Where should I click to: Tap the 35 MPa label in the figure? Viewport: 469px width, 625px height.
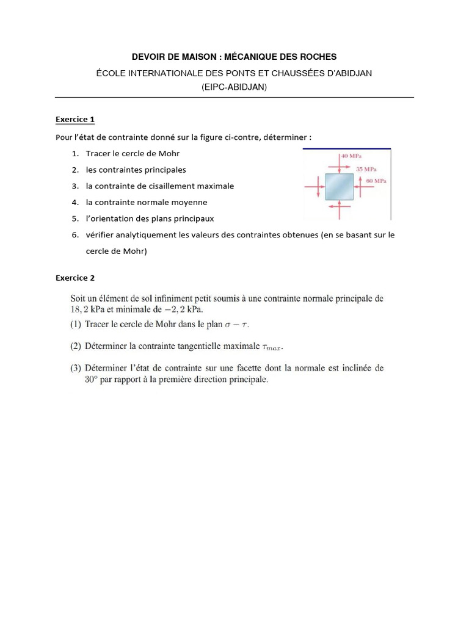[x=366, y=168]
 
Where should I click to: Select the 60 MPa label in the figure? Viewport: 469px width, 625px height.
[x=376, y=181]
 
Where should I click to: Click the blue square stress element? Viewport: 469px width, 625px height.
[x=339, y=187]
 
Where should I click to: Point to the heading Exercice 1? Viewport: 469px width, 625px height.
[x=75, y=119]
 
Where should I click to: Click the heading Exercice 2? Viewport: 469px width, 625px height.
[x=75, y=278]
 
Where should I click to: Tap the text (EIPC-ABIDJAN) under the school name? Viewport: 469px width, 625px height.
[x=234, y=87]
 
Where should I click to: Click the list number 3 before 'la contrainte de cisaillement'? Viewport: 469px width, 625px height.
[x=75, y=186]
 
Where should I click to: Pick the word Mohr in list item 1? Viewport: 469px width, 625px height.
[x=169, y=153]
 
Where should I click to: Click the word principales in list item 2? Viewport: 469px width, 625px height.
[x=164, y=170]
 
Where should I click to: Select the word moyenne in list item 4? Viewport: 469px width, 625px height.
[x=190, y=202]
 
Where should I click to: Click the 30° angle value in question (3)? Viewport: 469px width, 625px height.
[x=92, y=380]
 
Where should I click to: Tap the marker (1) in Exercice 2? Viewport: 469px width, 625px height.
[x=75, y=324]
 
